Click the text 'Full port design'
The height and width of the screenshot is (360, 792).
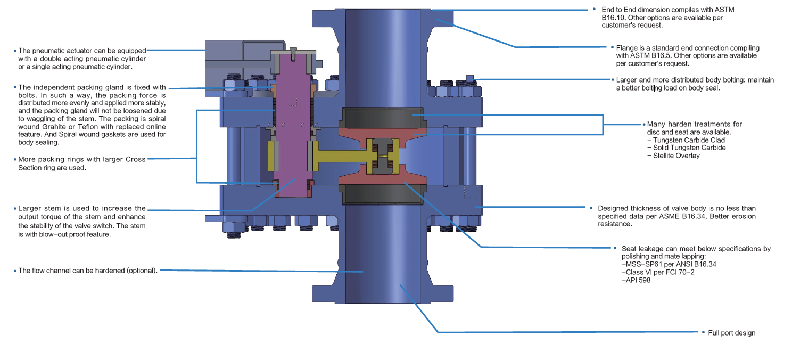(731, 333)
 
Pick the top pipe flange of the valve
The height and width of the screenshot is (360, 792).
(383, 19)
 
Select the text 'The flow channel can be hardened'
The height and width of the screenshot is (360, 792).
(71, 271)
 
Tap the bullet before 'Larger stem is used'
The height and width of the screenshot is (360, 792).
(15, 209)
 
